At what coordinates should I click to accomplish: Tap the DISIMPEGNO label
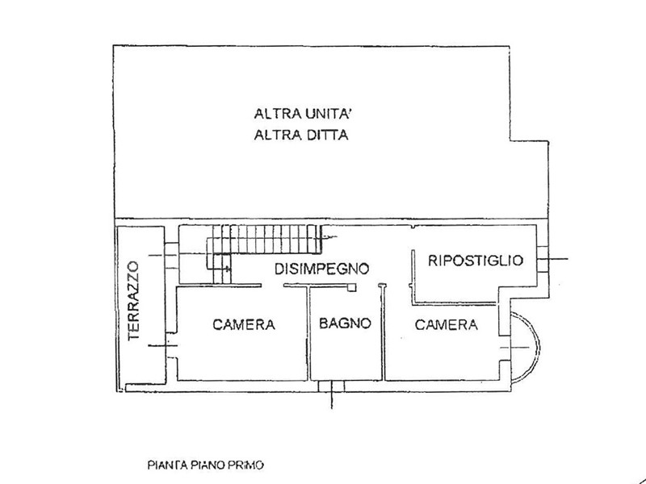point(321,268)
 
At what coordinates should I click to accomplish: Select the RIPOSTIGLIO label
point(476,261)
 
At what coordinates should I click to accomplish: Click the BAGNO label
point(344,325)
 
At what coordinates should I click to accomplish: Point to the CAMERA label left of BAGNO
point(245,326)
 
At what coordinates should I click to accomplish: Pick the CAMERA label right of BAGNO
point(447,325)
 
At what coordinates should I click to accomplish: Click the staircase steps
point(266,239)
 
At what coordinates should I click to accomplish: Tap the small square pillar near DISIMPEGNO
point(353,286)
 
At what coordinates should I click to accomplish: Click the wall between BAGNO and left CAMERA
point(309,334)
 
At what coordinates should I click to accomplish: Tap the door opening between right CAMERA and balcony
point(507,346)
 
